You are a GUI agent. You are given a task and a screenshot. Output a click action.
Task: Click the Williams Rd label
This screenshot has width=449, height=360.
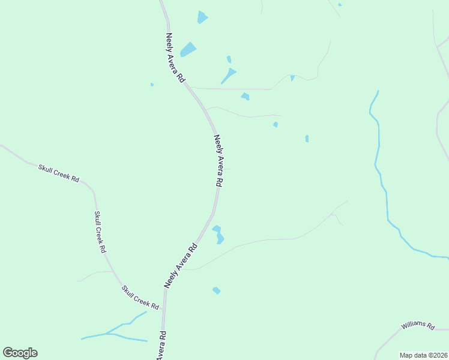point(418,325)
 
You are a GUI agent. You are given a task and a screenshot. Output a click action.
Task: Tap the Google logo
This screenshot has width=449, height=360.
point(20,353)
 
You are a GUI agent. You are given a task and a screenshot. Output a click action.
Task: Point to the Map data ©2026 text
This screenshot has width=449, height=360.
point(423,355)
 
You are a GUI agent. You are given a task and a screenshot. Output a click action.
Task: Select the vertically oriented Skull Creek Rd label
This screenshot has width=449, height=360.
point(100,232)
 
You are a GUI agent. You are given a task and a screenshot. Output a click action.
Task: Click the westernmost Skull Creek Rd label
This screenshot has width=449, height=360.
point(59,173)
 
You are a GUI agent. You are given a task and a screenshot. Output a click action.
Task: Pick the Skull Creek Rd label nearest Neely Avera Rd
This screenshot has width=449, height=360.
point(140,297)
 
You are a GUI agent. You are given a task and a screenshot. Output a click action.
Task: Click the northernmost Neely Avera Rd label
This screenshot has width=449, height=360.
point(176,58)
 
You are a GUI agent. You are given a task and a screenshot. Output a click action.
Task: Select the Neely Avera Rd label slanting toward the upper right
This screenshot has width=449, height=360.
point(181,265)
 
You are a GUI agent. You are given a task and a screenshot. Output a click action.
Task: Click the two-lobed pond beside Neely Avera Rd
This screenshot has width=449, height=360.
point(218,234)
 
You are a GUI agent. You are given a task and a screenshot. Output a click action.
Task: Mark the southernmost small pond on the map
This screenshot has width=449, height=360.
point(216,290)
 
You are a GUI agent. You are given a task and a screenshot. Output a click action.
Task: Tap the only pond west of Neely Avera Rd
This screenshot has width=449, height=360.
point(152,85)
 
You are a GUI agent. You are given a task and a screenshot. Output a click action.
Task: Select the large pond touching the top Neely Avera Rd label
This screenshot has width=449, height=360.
point(188,49)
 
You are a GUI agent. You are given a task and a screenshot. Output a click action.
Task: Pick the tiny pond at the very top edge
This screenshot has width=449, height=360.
point(340,5)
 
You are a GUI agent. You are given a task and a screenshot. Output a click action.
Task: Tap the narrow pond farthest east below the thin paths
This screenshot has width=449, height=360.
point(307,139)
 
